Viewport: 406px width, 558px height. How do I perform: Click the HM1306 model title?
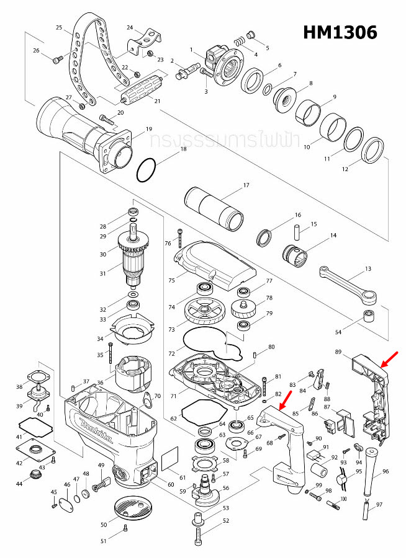tap(340, 32)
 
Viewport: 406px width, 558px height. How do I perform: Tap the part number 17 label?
tap(246, 185)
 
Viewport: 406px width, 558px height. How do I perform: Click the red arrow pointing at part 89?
tap(390, 358)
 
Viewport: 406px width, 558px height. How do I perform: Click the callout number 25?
tap(60, 28)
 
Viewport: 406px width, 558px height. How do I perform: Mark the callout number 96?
tap(386, 472)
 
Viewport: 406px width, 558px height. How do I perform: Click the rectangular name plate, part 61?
tap(170, 461)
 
